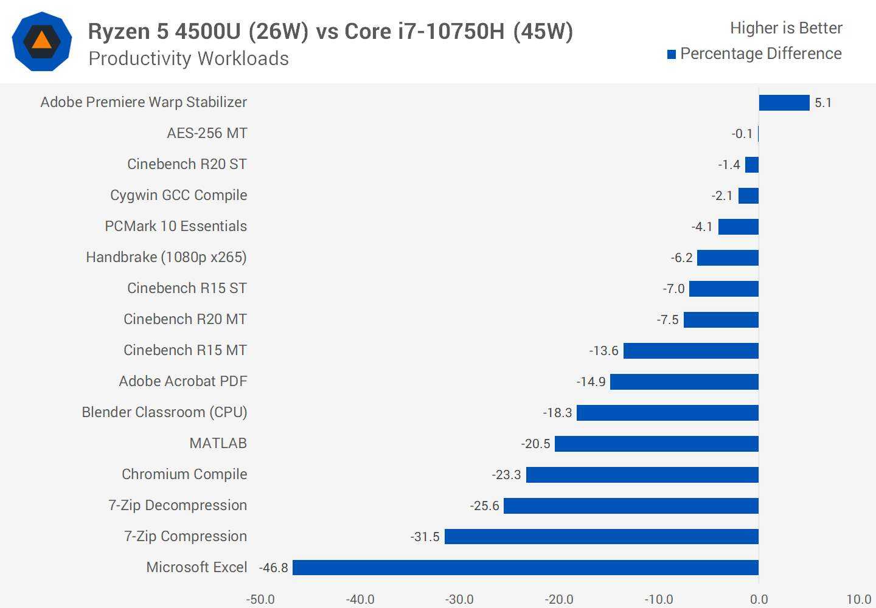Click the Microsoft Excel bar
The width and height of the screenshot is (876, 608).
coord(526,567)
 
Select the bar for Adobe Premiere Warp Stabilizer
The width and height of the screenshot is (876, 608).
coord(784,103)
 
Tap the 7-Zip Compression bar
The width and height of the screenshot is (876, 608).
coord(602,536)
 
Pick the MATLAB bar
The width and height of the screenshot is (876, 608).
coord(656,444)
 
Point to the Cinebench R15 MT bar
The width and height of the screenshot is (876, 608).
coord(691,351)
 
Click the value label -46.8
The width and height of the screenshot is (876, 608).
coord(274,568)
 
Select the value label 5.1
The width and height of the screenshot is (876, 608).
coord(823,103)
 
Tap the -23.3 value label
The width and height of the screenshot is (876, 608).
coord(507,475)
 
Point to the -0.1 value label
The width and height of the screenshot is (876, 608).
coord(742,134)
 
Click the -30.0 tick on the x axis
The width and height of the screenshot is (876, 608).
coord(459,599)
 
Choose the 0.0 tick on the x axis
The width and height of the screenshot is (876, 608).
coord(759,599)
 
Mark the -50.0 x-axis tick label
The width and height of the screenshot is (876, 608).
coord(260,599)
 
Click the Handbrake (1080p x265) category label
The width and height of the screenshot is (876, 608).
coord(166,257)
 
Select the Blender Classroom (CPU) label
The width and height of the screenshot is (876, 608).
coord(164,412)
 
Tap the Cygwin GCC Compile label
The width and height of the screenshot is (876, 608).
coord(178,195)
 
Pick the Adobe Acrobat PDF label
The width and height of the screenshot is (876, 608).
coord(183,381)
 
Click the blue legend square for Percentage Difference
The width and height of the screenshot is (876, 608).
coord(672,54)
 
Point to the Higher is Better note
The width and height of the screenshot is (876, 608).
coord(786,28)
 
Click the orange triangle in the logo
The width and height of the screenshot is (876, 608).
coord(41,41)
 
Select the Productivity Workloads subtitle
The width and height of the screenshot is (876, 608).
coord(189,58)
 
